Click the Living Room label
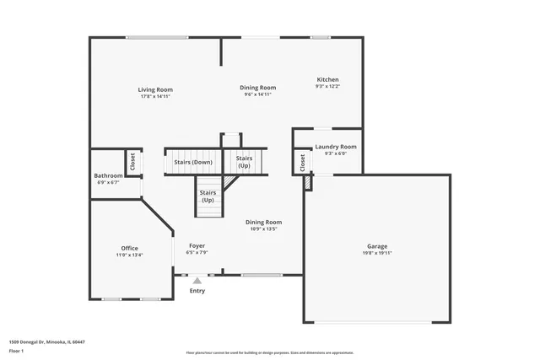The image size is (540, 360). [x=155, y=89]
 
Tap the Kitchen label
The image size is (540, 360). [x=327, y=80]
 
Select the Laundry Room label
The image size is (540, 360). [x=336, y=147]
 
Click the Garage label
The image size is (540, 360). [x=377, y=246]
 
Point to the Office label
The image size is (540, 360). [x=129, y=248]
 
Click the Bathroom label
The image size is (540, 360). [x=108, y=175]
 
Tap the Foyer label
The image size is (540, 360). [x=197, y=245]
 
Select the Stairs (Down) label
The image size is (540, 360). [x=193, y=161]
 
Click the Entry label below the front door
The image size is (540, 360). [x=197, y=291]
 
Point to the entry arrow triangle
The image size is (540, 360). [x=197, y=280]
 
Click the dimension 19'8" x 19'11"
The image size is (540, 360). [x=377, y=253]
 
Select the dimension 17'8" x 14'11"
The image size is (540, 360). [x=155, y=96]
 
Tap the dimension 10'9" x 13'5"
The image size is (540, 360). [x=264, y=228]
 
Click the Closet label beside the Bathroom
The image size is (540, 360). [x=132, y=161]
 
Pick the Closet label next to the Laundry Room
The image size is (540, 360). [x=302, y=163]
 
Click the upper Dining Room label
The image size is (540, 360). [x=257, y=88]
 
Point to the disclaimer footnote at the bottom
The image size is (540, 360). [x=269, y=353]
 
